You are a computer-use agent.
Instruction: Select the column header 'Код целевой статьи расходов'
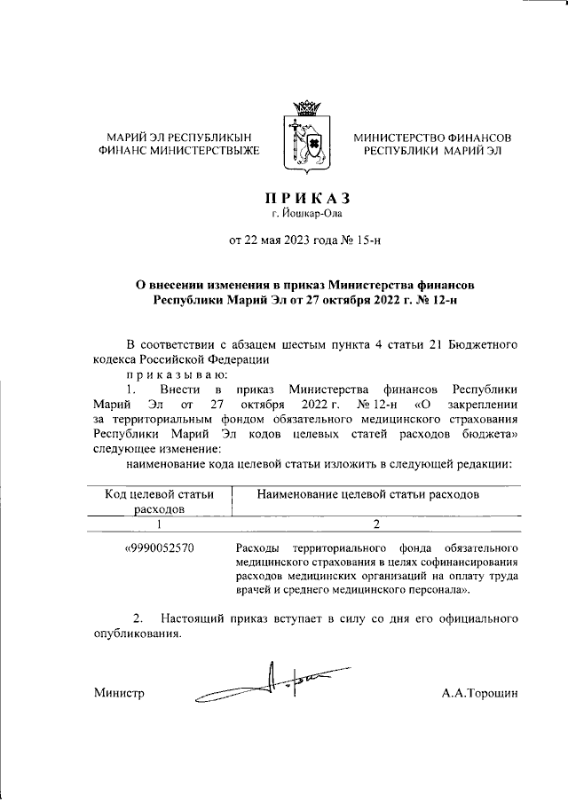[160, 501]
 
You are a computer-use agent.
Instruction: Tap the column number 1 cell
[160, 524]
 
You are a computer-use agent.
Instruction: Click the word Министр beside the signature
[119, 693]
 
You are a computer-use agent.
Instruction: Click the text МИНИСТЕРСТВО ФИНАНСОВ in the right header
[432, 138]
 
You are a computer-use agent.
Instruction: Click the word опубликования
[138, 634]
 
